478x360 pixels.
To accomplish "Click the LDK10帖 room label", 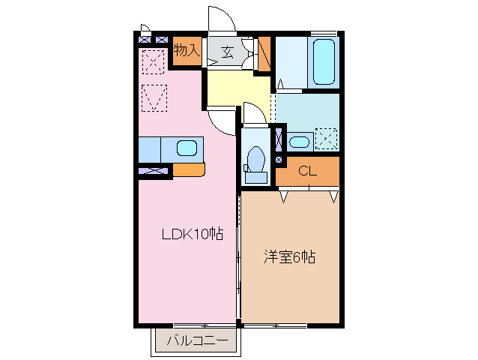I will [193, 233].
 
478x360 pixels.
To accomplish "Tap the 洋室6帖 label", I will [289, 256].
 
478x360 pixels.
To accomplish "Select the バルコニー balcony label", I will [196, 341].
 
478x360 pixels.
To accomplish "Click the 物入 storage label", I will [187, 50].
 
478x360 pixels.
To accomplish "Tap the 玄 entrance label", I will [226, 52].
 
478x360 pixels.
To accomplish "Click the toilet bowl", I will [255, 160].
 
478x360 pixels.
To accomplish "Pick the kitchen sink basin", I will [187, 148].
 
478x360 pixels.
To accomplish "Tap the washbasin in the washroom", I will [299, 141].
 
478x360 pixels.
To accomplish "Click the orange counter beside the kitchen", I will [188, 169].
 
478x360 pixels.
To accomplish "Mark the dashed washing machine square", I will [326, 139].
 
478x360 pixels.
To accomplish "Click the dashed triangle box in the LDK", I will [155, 97].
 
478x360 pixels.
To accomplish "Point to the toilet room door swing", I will [253, 112].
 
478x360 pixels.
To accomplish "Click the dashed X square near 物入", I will [154, 61].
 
